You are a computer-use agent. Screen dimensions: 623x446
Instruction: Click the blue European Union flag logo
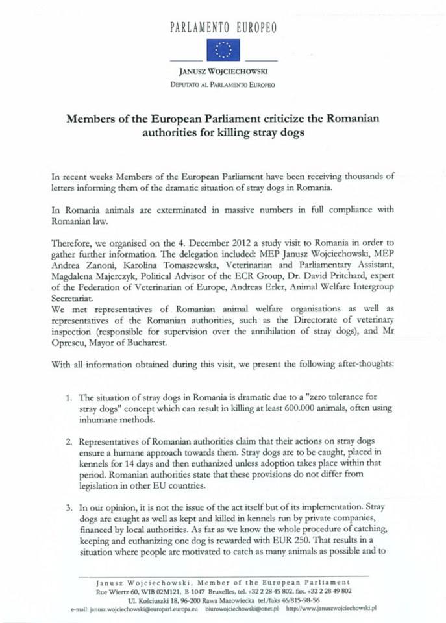(223, 49)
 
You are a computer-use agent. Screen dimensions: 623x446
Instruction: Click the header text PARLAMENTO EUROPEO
(223, 27)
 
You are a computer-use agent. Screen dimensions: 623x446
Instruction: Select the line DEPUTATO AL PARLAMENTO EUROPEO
(223, 85)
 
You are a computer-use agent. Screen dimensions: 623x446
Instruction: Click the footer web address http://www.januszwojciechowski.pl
(331, 609)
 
